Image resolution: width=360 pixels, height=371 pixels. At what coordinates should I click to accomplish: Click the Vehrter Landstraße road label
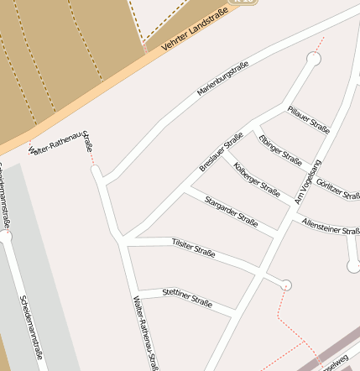click(x=195, y=33)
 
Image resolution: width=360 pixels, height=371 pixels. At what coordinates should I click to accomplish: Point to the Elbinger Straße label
click(x=280, y=148)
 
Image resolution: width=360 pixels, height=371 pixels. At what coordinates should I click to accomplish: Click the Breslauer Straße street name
click(x=222, y=152)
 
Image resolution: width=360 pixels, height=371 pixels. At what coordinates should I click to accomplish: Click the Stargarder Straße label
click(x=231, y=210)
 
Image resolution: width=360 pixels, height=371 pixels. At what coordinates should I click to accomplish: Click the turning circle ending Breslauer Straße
click(x=314, y=59)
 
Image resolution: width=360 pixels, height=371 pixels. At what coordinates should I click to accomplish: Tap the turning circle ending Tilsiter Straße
click(x=287, y=285)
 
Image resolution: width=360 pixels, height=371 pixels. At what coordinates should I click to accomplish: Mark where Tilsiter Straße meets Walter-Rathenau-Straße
click(x=124, y=242)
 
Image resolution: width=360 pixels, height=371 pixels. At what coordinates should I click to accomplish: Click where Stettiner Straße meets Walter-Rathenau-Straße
click(x=137, y=295)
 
